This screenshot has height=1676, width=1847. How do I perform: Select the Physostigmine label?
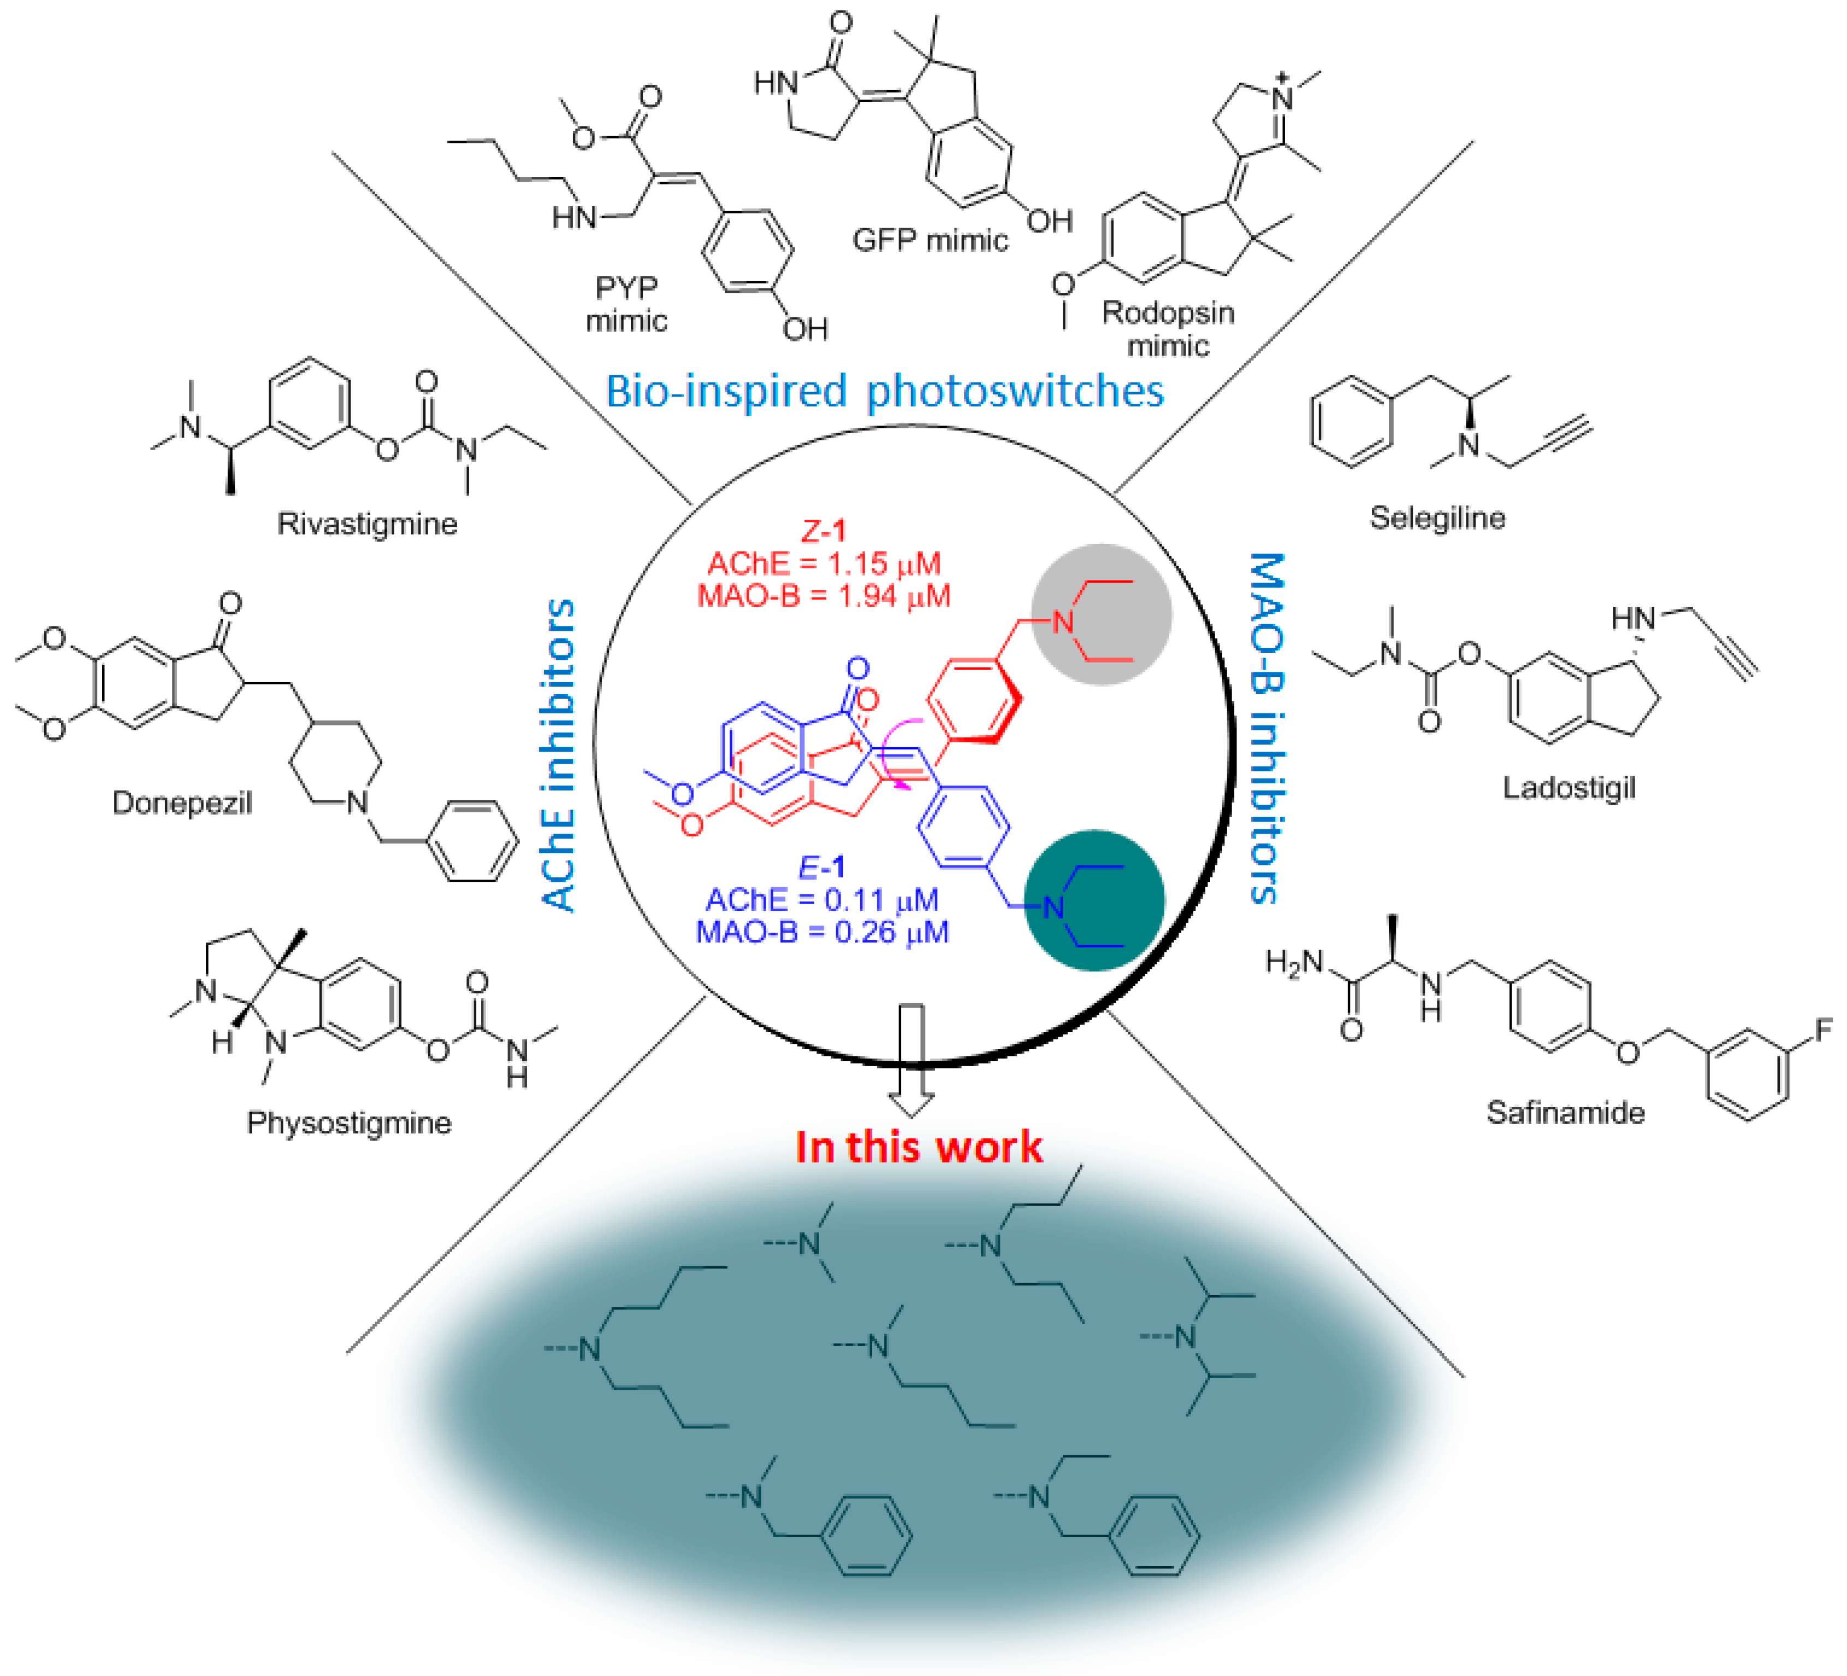coord(349,1123)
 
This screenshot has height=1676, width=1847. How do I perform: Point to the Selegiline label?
coord(1436,518)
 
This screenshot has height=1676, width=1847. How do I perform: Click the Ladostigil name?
coord(1568,788)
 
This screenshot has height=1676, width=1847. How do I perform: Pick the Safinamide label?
coord(1565,1112)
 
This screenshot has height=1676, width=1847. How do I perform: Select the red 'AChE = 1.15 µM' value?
coord(824,564)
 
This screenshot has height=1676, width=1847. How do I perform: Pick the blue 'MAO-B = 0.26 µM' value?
coord(822,932)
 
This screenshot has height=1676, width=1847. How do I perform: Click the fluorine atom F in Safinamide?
coord(1823,1030)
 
